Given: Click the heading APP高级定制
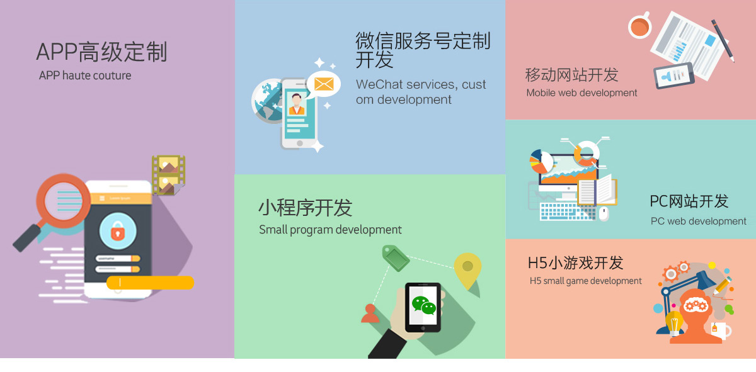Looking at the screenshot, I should [x=101, y=52].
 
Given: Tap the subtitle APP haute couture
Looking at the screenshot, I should [x=85, y=76].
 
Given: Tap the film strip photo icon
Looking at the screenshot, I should [x=168, y=174].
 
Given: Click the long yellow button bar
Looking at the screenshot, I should [x=150, y=283].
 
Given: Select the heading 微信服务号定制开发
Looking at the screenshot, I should [x=422, y=50].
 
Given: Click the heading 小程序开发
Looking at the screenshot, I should [x=305, y=208].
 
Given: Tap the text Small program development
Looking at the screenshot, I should [x=330, y=230].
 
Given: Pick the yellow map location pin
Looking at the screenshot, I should [x=467, y=269].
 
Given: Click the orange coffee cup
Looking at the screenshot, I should [x=639, y=26].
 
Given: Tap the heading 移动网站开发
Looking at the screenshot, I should [x=571, y=75].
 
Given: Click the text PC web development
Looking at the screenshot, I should [x=698, y=221].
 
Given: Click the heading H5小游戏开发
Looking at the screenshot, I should [x=575, y=262].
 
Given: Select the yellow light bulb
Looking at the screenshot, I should [x=674, y=322].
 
